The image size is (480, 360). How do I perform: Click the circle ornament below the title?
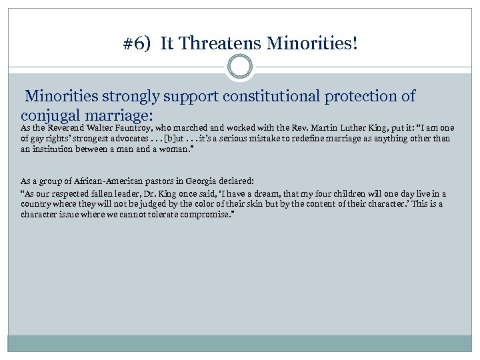click(239, 67)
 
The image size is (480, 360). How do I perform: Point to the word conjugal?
click(55, 114)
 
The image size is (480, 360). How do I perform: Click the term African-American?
click(89, 181)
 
